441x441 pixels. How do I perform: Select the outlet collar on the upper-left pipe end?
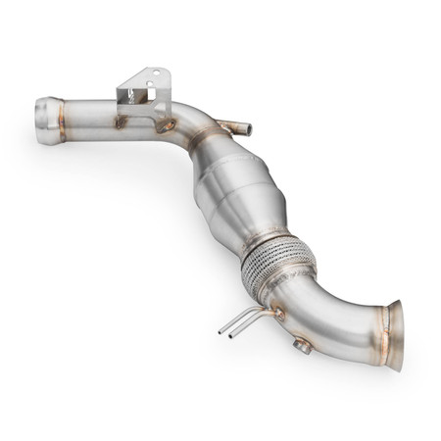[x=49, y=108]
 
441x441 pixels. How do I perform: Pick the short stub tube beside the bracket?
[x=232, y=126]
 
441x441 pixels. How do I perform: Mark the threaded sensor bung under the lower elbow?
[x=303, y=345]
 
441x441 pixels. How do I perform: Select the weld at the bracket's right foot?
[x=167, y=125]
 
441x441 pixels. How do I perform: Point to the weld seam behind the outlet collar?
[x=68, y=110]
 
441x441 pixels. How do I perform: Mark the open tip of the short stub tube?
[x=247, y=128]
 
